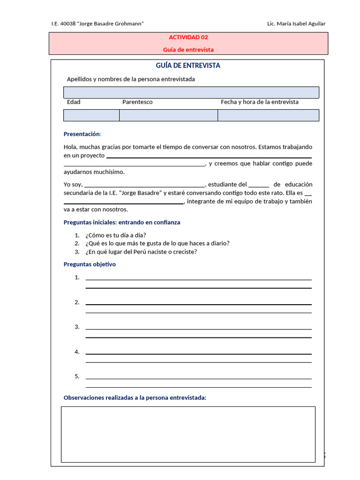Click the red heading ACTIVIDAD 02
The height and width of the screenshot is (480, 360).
pyautogui.click(x=188, y=37)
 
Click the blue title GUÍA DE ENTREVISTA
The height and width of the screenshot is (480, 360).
pyautogui.click(x=187, y=66)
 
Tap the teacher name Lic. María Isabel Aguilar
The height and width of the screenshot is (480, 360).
pyautogui.click(x=295, y=24)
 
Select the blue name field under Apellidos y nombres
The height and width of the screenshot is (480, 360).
pyautogui.click(x=191, y=92)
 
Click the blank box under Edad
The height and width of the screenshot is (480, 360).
pyautogui.click(x=91, y=115)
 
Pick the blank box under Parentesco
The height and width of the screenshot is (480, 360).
pyautogui.click(x=168, y=115)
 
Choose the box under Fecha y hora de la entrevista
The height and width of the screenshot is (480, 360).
pyautogui.click(x=268, y=115)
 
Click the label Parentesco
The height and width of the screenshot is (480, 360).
pyautogui.click(x=137, y=102)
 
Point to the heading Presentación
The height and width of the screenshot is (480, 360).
pyautogui.click(x=82, y=134)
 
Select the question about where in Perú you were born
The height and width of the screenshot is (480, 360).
pyautogui.click(x=141, y=252)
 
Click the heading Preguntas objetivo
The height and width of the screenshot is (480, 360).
pyautogui.click(x=90, y=264)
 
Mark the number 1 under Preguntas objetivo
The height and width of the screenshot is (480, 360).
pyautogui.click(x=77, y=277)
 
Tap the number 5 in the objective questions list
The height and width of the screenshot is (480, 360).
pyautogui.click(x=77, y=376)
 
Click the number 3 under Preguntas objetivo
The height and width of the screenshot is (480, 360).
pyautogui.click(x=77, y=327)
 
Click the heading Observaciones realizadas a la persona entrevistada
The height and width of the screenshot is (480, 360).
pyautogui.click(x=135, y=398)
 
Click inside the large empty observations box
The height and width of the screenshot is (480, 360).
pyautogui.click(x=188, y=434)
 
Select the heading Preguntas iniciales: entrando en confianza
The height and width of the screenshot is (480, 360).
pyautogui.click(x=122, y=223)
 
